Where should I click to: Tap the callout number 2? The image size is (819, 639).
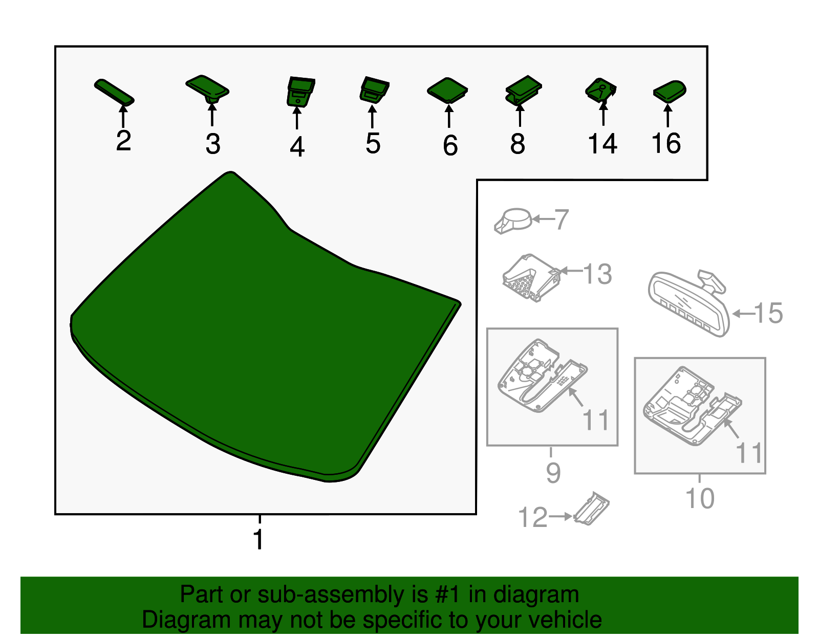tap(124, 141)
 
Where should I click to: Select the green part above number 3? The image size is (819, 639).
tap(207, 89)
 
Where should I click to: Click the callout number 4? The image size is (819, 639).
tap(297, 147)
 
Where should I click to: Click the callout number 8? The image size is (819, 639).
tap(518, 143)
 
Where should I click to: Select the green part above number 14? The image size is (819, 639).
tap(601, 91)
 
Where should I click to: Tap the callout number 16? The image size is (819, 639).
tap(666, 143)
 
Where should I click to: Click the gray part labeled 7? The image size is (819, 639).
tap(513, 221)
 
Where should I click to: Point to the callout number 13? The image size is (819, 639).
tap(597, 274)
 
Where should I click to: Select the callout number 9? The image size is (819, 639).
tap(553, 473)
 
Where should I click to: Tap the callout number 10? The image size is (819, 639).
tap(700, 498)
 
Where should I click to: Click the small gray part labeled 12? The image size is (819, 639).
tap(591, 509)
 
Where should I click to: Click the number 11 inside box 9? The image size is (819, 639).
tap(596, 420)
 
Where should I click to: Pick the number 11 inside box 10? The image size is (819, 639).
tap(749, 453)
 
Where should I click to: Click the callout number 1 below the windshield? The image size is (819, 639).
tap(258, 540)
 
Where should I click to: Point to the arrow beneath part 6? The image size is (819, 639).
tap(449, 116)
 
